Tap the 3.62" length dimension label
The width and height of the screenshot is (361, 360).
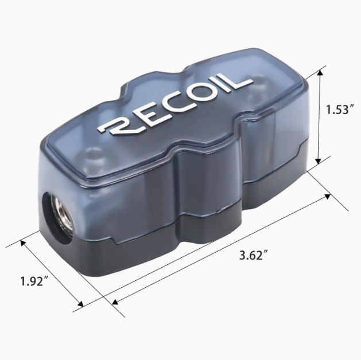pos(254,255)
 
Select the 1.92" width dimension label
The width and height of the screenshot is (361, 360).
pos(35,281)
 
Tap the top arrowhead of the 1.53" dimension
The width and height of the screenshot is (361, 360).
pos(320,73)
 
